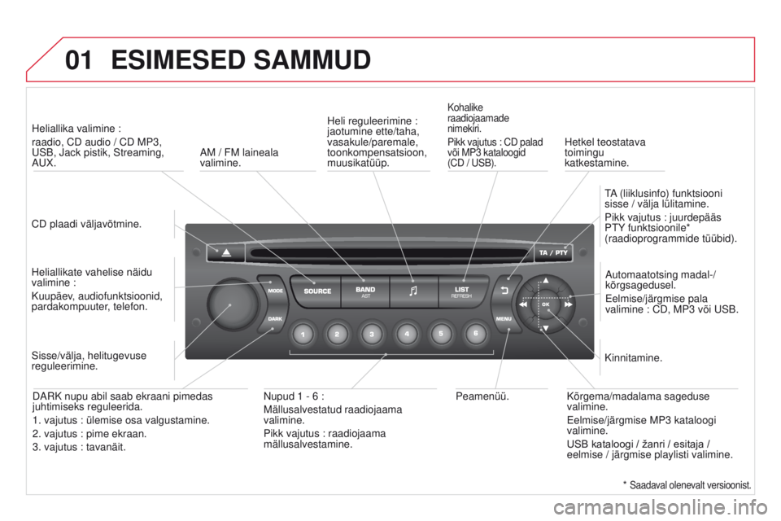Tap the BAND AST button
tap(365, 291)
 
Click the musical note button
tap(413, 291)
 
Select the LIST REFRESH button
tap(462, 291)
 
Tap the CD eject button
tap(225, 253)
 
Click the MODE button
tap(273, 290)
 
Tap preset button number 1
tap(303, 334)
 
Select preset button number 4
tap(407, 334)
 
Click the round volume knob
tap(232, 303)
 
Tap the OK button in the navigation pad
tap(546, 304)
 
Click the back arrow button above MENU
tap(505, 290)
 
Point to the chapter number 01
tap(79, 59)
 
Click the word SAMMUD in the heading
tap(312, 59)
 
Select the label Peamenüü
tap(482, 396)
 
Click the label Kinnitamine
tap(633, 357)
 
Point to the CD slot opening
tap(390, 253)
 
